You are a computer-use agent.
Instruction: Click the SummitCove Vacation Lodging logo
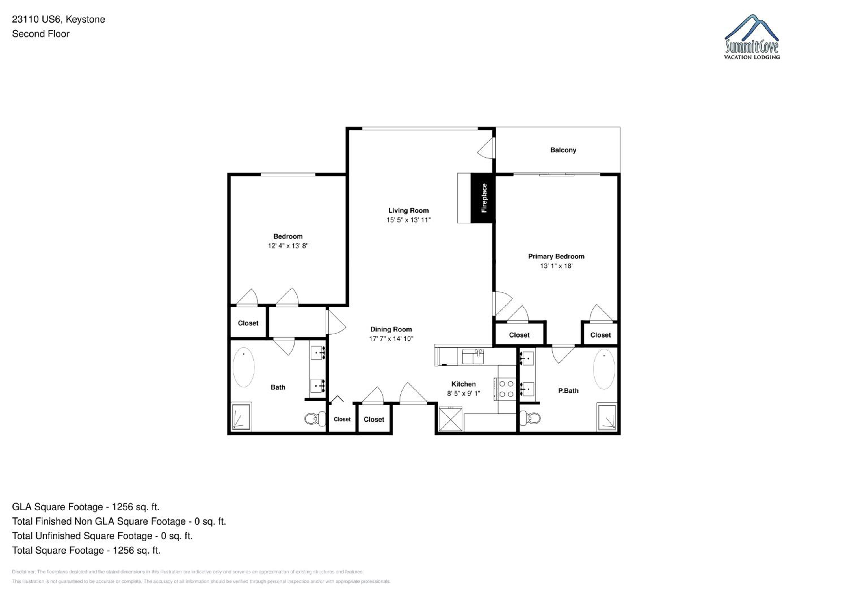(752, 37)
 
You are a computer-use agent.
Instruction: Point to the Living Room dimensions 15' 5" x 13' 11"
(408, 220)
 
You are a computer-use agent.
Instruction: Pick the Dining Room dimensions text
(391, 338)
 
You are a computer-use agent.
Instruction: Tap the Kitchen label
(464, 384)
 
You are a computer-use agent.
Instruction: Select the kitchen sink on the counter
(473, 357)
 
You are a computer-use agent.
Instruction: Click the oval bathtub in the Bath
(244, 367)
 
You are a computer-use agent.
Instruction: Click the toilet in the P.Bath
(530, 418)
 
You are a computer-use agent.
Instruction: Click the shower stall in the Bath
(241, 417)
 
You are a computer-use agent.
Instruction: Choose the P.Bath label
(568, 390)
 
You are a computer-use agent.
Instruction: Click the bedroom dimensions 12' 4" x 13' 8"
(288, 246)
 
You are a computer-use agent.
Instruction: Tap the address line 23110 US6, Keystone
(58, 20)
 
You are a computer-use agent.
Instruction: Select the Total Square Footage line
(86, 550)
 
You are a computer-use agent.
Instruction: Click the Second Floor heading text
(41, 34)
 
